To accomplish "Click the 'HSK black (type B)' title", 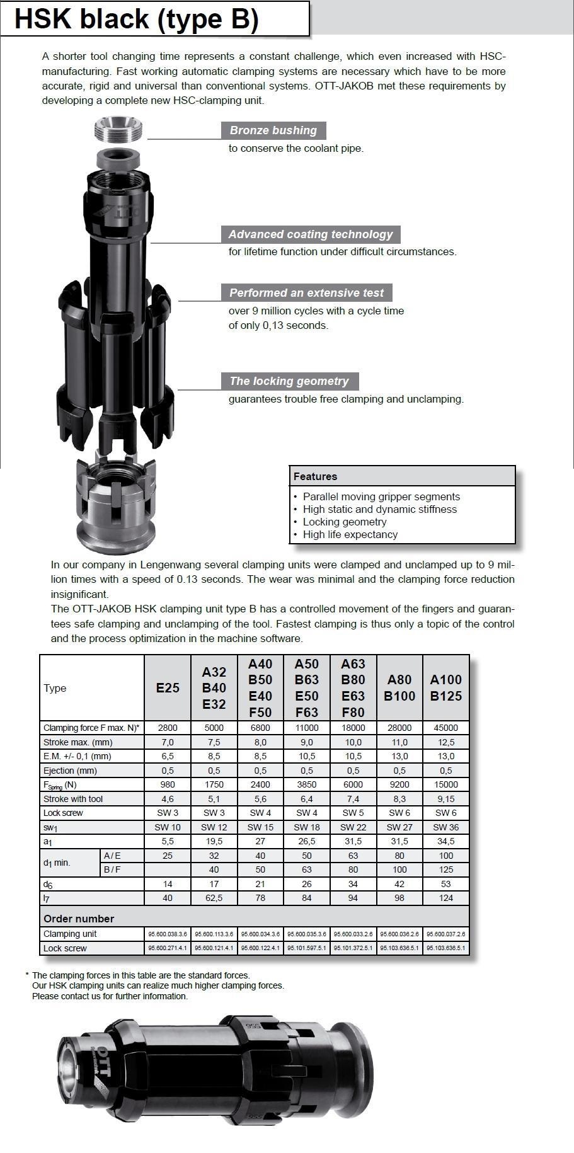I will pos(136,19).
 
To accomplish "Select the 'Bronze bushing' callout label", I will pos(273,130).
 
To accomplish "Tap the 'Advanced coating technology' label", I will pos(310,234).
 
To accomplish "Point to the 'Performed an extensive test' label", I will pos(306,293).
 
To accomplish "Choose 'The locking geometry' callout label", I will pos(289,381).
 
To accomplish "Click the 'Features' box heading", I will pos(315,476).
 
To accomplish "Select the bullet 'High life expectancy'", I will pos(350,534).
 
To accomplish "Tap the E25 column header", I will pos(168,688).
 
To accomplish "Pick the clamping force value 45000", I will pos(445,728).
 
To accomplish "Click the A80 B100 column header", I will pos(399,688).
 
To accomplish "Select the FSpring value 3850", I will pos(307,784).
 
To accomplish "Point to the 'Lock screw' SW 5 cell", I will pos(353,813).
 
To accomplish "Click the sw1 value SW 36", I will pos(445,827).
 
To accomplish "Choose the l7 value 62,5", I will pos(214,898).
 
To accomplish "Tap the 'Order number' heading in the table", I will pos(79,919).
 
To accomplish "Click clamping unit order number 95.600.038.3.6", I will pos(168,934).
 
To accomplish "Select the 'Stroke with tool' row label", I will pos(73,799).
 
